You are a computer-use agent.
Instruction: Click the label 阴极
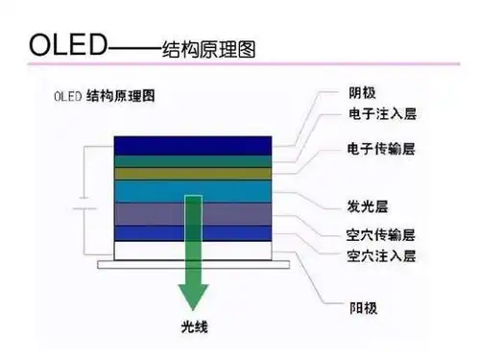click(x=362, y=93)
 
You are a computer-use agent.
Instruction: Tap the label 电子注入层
click(x=380, y=113)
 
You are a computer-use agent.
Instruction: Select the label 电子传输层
click(x=380, y=151)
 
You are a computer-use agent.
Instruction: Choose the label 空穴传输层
click(x=380, y=234)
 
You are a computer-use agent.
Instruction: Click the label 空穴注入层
click(x=380, y=256)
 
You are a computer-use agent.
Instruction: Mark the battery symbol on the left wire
click(x=84, y=206)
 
